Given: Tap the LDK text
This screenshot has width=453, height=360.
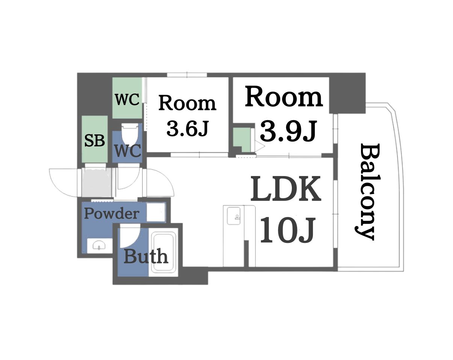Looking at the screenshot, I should click(x=286, y=189).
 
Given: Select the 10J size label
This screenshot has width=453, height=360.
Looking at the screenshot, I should click(x=286, y=230).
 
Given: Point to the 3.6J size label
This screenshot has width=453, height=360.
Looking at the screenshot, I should click(x=187, y=129).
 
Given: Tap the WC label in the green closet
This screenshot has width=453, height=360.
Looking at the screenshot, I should click(x=127, y=100).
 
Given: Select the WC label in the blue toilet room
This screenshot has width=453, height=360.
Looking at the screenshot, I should click(x=127, y=151).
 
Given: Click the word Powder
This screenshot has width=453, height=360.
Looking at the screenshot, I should click(x=111, y=214).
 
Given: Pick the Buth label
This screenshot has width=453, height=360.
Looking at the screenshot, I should click(x=145, y=257).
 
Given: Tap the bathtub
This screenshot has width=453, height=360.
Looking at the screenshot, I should click(x=163, y=252).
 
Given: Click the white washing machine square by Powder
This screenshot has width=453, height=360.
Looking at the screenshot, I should click(x=156, y=212).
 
